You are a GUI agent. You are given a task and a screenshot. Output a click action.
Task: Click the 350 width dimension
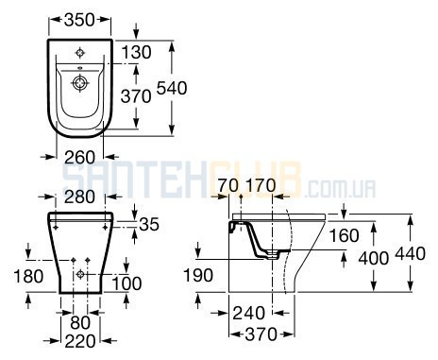click(79, 19)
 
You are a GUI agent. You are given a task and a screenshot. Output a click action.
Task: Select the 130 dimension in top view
click(136, 52)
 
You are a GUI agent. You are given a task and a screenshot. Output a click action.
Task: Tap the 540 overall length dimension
click(172, 88)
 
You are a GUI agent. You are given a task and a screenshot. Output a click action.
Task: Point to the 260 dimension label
click(79, 157)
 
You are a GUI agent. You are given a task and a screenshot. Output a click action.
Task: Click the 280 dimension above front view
click(79, 197)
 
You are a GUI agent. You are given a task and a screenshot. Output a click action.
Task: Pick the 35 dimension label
click(149, 224)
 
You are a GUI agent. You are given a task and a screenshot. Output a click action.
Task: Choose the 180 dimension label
click(28, 276)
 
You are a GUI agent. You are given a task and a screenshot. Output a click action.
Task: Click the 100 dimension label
click(126, 283)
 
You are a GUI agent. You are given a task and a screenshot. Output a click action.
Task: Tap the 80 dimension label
click(80, 322)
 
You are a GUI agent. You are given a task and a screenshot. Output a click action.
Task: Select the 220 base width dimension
click(80, 341)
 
